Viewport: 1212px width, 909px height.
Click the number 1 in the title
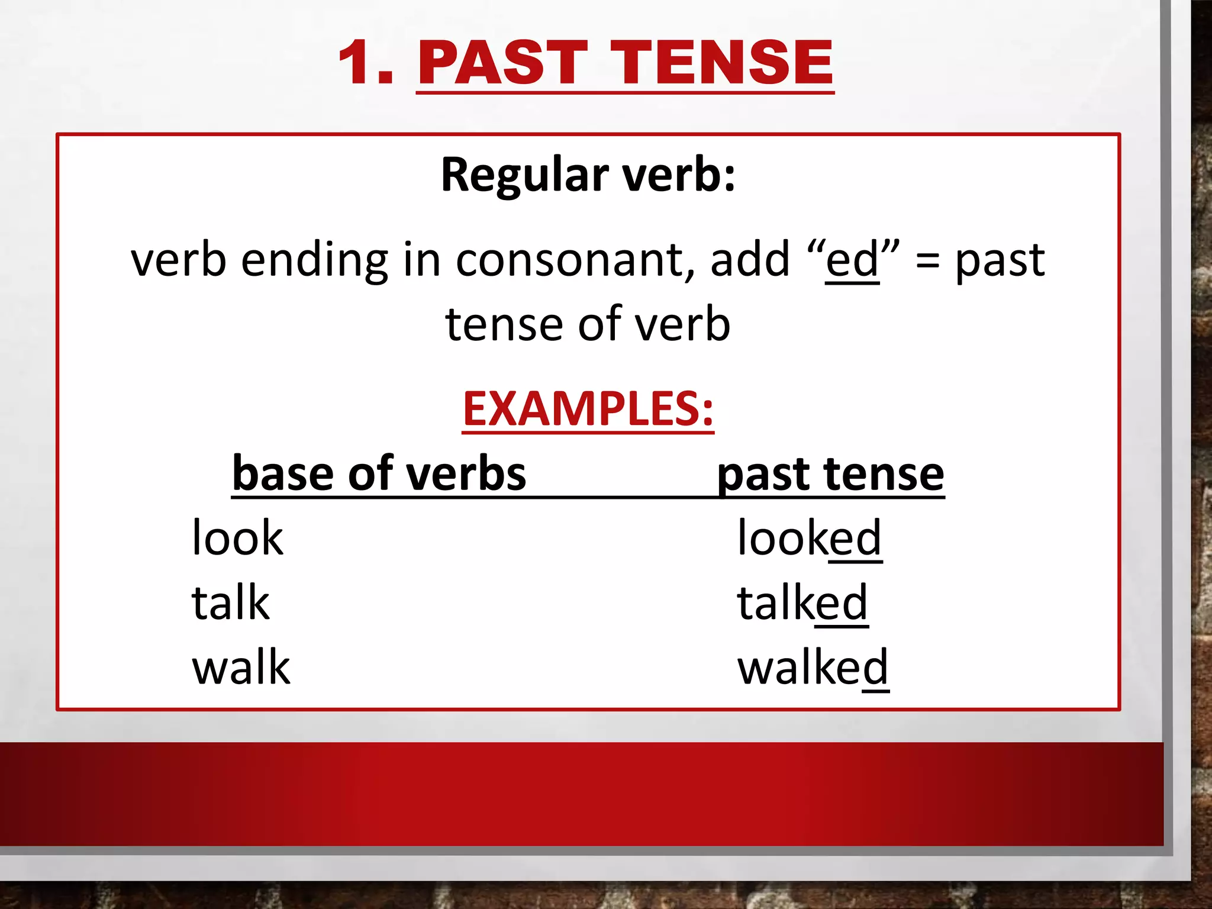pyautogui.click(x=360, y=63)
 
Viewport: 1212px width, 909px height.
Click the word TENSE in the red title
pyautogui.click(x=722, y=63)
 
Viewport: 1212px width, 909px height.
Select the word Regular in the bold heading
pyautogui.click(x=524, y=176)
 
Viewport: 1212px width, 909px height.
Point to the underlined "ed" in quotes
pyautogui.click(x=852, y=260)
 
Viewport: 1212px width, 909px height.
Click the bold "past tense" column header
pyautogui.click(x=830, y=475)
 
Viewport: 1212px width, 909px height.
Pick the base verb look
pyautogui.click(x=238, y=538)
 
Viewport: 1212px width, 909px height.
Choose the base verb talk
pyautogui.click(x=231, y=602)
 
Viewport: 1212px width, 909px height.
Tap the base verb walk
pyautogui.click(x=241, y=668)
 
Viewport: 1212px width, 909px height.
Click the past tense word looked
pyautogui.click(x=809, y=538)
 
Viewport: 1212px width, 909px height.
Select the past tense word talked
pyautogui.click(x=802, y=602)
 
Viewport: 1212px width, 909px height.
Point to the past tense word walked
pyautogui.click(x=813, y=668)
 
